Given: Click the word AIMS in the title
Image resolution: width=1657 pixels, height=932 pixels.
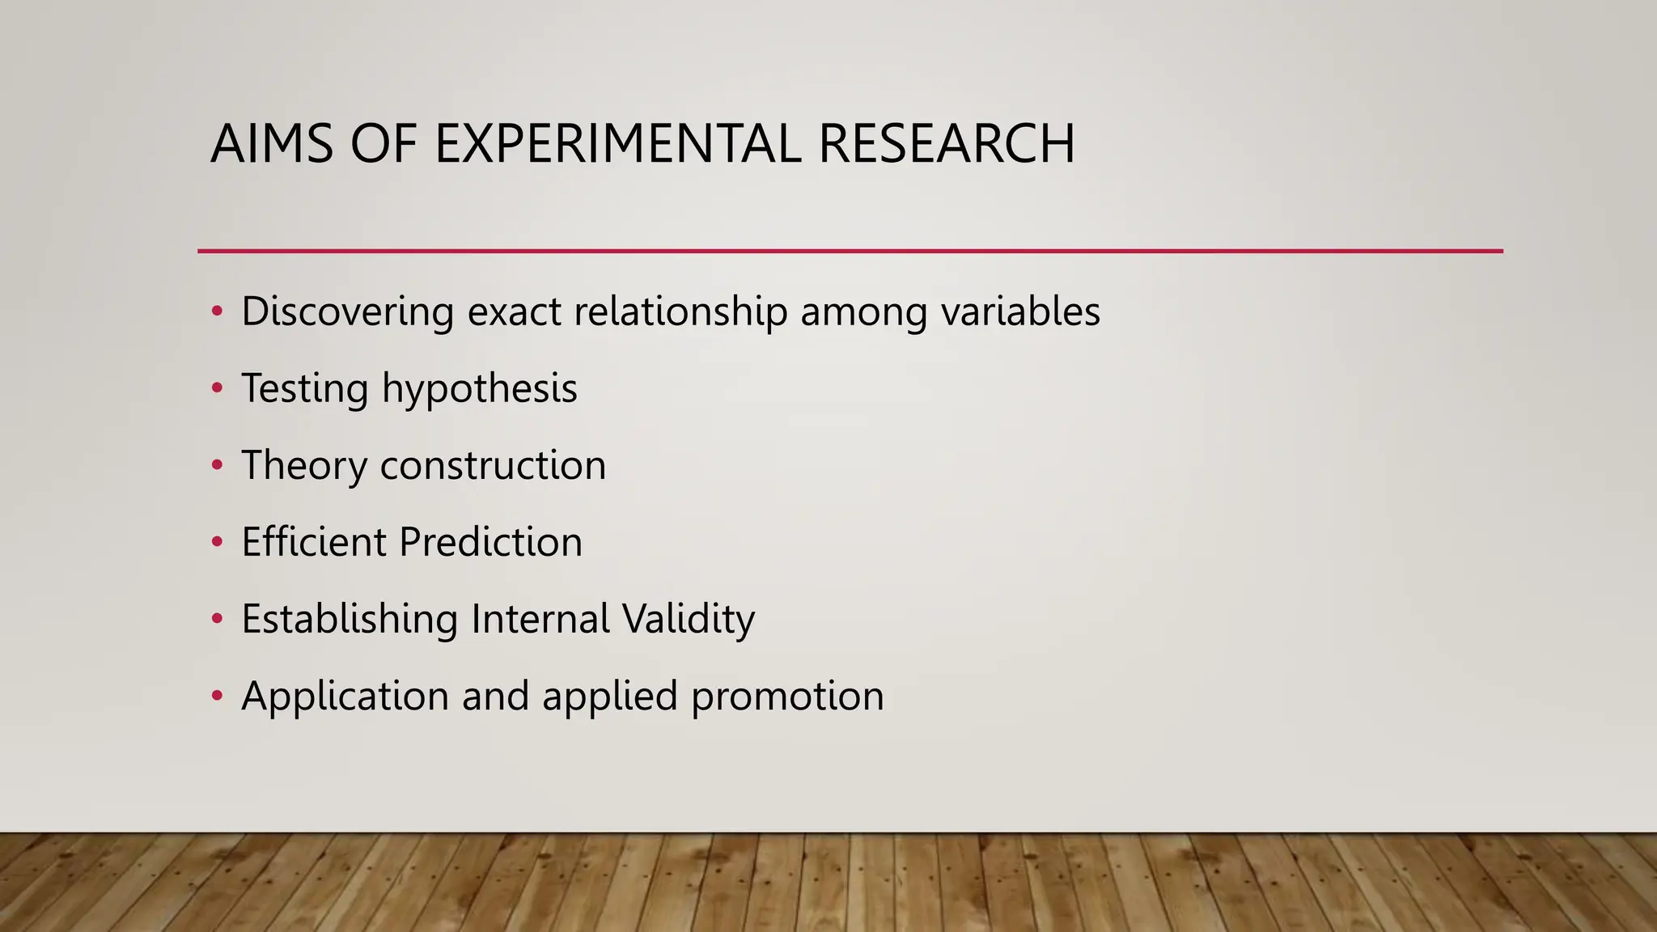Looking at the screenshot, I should [272, 144].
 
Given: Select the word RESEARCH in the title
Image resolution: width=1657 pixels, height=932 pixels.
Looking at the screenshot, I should [947, 144].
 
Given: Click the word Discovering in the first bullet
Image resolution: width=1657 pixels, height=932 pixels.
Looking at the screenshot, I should [347, 312].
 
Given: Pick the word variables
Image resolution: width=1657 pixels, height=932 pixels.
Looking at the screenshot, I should [1020, 312].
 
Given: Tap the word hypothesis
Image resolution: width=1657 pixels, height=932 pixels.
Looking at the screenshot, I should [479, 389].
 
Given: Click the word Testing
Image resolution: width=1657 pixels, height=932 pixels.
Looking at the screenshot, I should [305, 389].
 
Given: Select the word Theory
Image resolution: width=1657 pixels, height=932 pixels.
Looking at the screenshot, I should [303, 466].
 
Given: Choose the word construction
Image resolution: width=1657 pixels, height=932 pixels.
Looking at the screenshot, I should [493, 466].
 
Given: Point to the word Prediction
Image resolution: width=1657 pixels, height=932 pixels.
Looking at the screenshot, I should [490, 542].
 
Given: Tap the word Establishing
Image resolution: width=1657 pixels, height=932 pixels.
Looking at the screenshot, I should [350, 620].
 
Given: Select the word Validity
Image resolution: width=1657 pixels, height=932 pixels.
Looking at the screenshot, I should [689, 620].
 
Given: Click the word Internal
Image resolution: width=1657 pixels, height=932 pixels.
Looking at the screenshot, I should [540, 620].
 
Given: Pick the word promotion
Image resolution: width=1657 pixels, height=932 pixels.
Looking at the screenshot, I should [787, 697].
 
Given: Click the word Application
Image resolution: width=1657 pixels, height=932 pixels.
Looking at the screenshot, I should [345, 697].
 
